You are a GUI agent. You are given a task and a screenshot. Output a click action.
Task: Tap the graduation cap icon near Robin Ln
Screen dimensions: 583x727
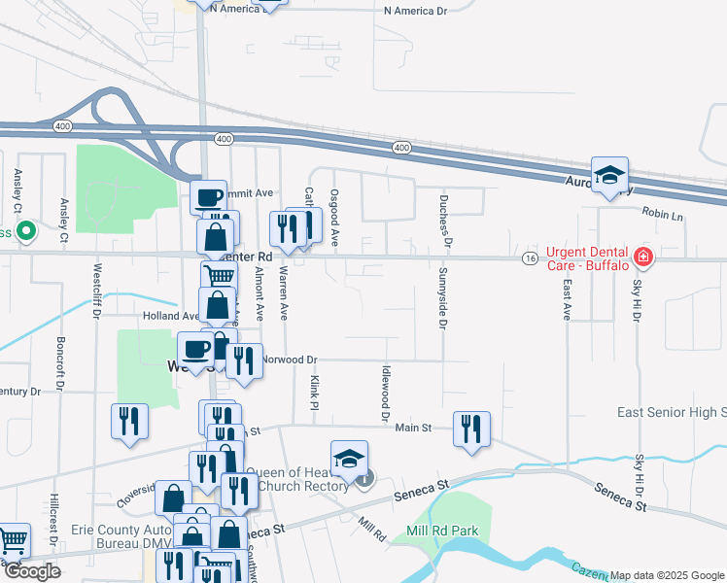coord(609,175)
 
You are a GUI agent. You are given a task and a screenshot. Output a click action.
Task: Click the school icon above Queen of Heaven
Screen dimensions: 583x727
coord(349,458)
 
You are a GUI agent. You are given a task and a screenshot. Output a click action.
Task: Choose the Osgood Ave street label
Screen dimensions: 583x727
coord(334,218)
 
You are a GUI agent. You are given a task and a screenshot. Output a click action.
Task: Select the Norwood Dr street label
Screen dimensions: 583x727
coord(290,360)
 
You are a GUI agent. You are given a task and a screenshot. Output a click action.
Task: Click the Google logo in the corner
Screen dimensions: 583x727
coord(32,571)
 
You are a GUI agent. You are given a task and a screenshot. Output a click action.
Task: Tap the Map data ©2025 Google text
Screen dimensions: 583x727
coord(667,575)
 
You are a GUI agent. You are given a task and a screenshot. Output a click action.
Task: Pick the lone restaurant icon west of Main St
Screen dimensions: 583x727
coord(129,422)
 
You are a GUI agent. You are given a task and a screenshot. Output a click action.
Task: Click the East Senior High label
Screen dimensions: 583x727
coord(672,413)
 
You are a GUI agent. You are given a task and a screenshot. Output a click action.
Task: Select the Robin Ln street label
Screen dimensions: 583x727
coord(663,216)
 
